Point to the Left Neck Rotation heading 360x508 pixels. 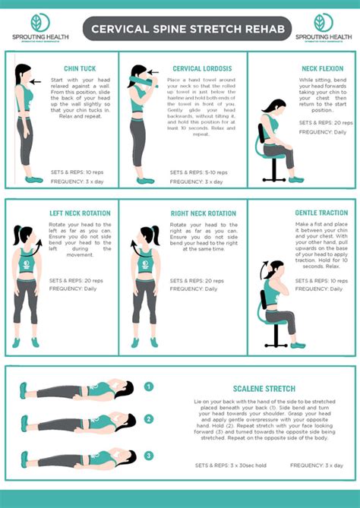click(x=80, y=213)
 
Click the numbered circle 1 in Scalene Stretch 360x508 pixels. click(x=148, y=387)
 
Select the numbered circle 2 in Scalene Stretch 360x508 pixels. click(x=148, y=418)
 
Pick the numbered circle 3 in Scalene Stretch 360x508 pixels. click(x=148, y=456)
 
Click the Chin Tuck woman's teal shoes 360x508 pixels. click(x=33, y=178)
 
